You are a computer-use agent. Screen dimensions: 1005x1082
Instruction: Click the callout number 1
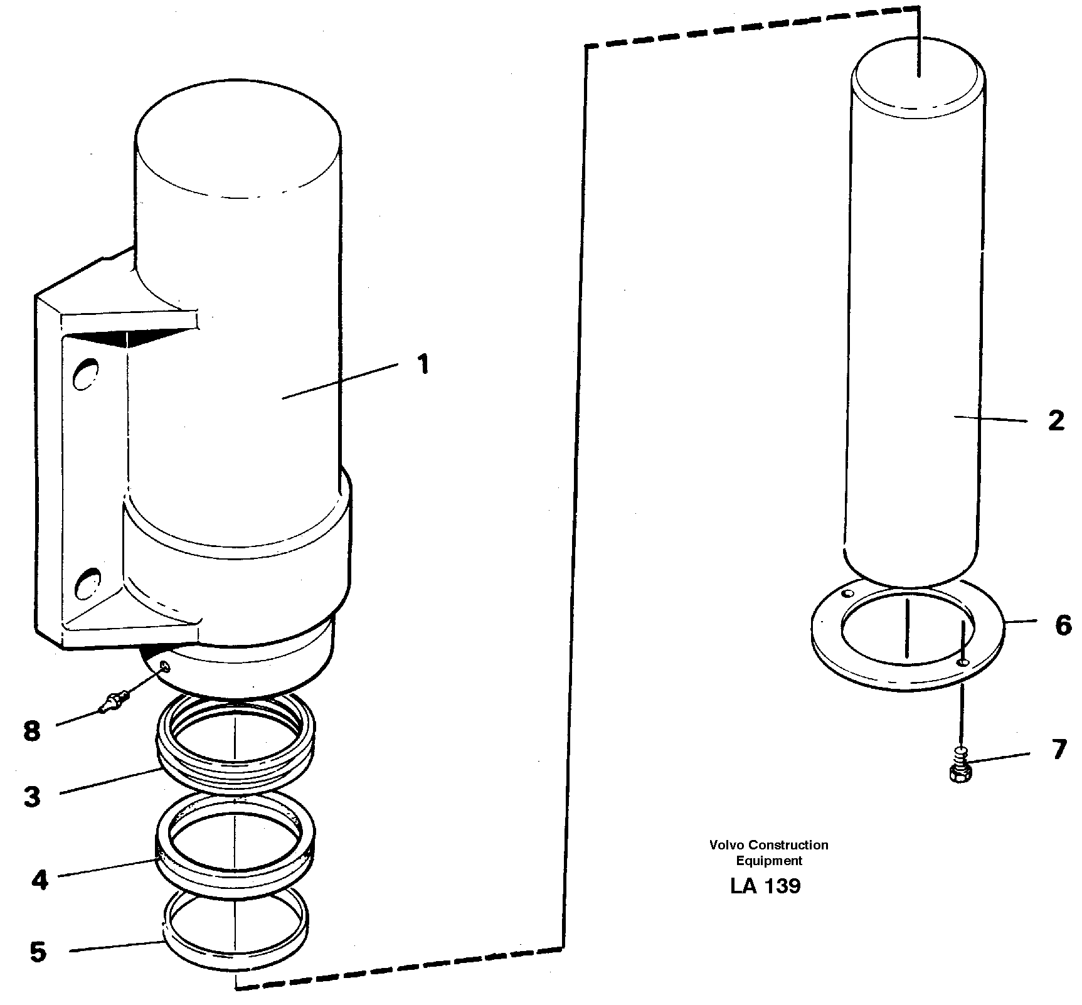[x=424, y=364]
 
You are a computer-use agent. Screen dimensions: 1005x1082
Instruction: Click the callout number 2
[x=1056, y=421]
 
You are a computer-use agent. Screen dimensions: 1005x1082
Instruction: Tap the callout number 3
[x=33, y=797]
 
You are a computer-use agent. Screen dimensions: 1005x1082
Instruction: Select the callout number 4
[x=39, y=881]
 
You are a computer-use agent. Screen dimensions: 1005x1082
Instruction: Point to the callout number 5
[x=38, y=952]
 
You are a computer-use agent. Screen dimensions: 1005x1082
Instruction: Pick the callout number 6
[x=1063, y=625]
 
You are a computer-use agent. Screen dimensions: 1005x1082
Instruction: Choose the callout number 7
[x=1059, y=750]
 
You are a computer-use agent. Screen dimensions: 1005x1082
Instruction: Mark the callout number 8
[x=32, y=731]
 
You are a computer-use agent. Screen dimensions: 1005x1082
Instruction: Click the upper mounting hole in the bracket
[x=86, y=375]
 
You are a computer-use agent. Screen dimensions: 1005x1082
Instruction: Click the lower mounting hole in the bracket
[x=87, y=582]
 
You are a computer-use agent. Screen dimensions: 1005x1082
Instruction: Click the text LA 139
[x=765, y=886]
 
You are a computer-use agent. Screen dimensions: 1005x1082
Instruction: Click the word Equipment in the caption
[x=769, y=861]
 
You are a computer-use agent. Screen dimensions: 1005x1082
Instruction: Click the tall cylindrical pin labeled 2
[x=913, y=314]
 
